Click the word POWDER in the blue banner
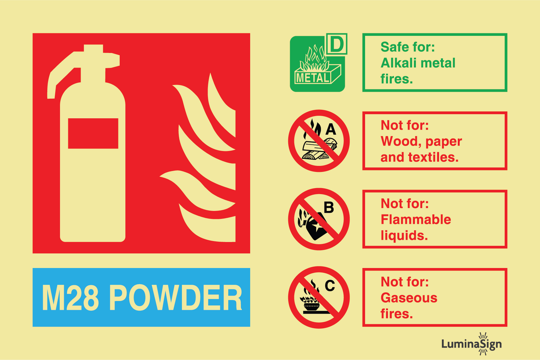coord(176,298)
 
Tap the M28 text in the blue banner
coord(70,298)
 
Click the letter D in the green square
coord(337,44)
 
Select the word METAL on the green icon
coord(313,78)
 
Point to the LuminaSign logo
coord(472,344)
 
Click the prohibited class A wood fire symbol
coord(319,141)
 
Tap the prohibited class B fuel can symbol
coord(319,219)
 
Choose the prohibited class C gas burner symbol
coord(319,297)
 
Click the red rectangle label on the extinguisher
coord(93,133)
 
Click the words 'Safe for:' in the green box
coord(407,47)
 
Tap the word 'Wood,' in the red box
coord(401,142)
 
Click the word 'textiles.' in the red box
coord(433,157)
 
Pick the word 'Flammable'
coord(416,220)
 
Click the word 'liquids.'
coord(404,236)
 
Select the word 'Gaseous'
coord(409,298)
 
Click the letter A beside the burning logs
coord(331,129)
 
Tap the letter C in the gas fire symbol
coord(330,286)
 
